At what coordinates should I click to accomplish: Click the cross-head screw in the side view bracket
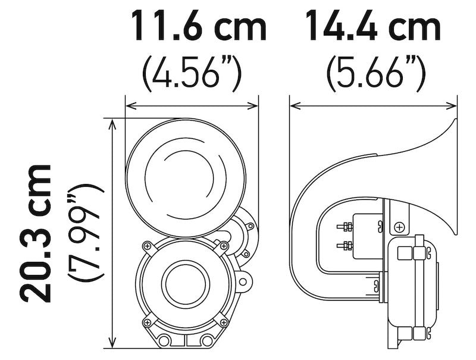point(399,227)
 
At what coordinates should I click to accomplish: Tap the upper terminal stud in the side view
point(346,226)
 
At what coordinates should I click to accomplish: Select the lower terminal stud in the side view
point(346,245)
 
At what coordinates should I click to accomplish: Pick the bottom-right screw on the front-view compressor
point(224,323)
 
